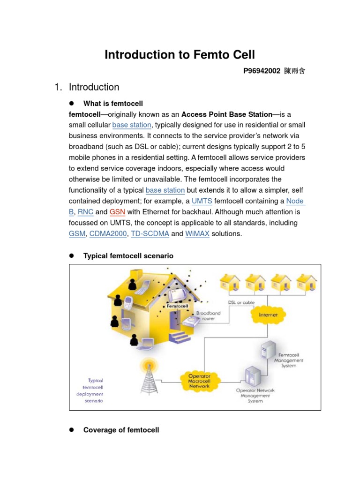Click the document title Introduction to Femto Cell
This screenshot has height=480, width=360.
coord(180,55)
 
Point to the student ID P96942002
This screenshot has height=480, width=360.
coord(262,71)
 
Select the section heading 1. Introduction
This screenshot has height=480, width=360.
coord(87,87)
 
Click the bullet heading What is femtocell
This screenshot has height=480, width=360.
coord(113,103)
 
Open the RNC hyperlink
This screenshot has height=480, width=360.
coord(85,212)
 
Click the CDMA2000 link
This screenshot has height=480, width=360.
coord(108,233)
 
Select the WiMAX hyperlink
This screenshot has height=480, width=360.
coord(197,233)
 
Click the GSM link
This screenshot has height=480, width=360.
coord(77,233)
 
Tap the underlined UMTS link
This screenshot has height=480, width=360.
coord(202,201)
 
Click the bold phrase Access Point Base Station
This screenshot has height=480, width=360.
coord(227,114)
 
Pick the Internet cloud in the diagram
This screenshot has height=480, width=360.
coord(268,315)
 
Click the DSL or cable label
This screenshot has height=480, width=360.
coord(241,302)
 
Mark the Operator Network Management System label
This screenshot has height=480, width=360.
coord(256,395)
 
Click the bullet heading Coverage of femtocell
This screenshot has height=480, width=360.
coord(121,430)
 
